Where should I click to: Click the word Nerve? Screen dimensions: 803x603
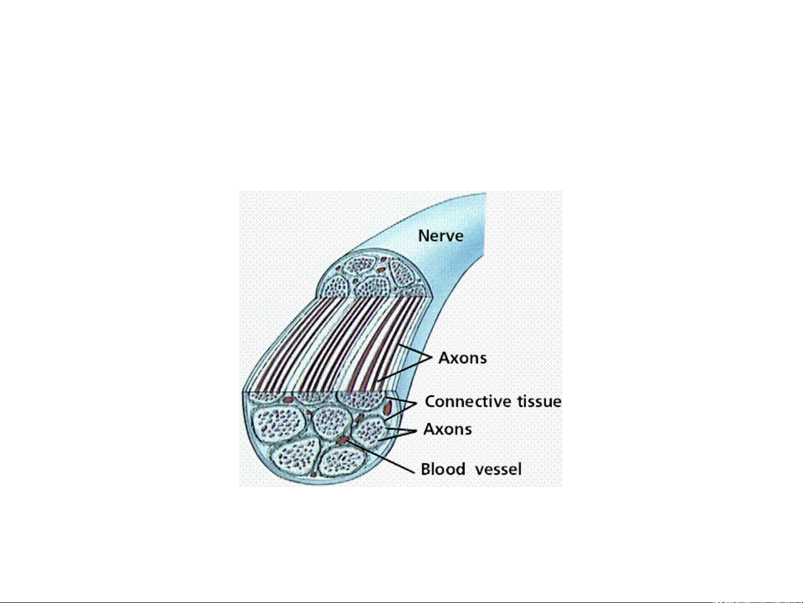[440, 236]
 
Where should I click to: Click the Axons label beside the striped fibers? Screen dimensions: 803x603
[463, 358]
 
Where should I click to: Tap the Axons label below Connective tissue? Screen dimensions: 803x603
[447, 429]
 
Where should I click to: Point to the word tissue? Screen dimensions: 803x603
[539, 402]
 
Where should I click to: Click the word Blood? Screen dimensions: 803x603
[443, 469]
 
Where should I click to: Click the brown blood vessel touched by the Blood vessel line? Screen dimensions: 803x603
[343, 440]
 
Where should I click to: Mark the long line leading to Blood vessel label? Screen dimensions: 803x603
[381, 456]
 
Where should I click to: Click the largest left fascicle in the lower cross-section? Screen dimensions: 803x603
[279, 424]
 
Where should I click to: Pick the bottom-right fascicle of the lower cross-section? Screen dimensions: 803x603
[342, 461]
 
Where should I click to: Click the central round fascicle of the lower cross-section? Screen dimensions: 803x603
[332, 422]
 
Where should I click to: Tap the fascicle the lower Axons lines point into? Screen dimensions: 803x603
[369, 431]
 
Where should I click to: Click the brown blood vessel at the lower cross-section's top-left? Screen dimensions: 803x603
[288, 400]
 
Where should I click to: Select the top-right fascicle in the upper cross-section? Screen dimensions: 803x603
[402, 273]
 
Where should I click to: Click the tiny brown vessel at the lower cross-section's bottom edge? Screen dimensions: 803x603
[314, 475]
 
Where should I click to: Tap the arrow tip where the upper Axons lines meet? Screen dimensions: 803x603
[432, 357]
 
